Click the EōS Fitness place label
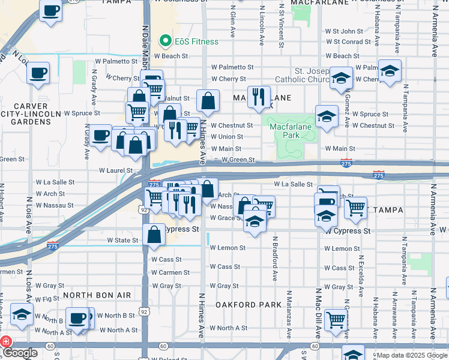click(194, 41)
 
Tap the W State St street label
click(122, 240)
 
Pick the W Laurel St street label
click(115, 170)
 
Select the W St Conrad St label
click(348, 42)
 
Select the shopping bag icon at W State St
click(154, 235)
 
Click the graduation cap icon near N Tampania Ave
click(390, 71)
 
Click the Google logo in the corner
click(19, 353)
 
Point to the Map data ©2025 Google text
click(412, 355)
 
